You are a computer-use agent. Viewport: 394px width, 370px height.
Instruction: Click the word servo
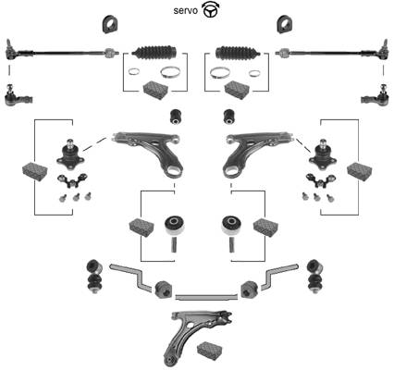pos(185,10)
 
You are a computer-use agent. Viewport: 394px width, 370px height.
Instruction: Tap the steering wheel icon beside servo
pos(211,9)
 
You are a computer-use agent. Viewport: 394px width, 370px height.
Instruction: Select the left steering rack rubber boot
pos(154,53)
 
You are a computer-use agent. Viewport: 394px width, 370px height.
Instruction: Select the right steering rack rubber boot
pos(238,53)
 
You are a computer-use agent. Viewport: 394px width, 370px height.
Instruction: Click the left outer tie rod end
pos(18,96)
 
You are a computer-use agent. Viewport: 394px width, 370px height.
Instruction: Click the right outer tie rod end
pos(375,96)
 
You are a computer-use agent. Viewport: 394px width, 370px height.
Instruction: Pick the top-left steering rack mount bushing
pos(111,24)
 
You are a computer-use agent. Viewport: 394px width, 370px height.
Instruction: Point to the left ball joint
pos(70,154)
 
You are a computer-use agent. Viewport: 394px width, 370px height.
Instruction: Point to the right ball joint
pos(323,154)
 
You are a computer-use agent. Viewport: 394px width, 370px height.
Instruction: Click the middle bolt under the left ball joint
pos(76,197)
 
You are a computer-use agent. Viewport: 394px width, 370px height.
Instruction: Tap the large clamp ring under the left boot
pos(169,72)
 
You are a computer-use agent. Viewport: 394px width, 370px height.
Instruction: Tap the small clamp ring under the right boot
pos(254,73)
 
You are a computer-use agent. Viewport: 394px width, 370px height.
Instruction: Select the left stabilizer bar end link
pos(94,277)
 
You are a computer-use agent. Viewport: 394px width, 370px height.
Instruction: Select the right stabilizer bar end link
pos(315,277)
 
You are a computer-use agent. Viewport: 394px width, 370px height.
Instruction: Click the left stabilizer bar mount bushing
pos(164,290)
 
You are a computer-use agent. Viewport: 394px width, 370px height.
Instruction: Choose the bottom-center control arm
pos(196,338)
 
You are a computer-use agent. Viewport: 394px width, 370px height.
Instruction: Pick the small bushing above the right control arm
pos(229,117)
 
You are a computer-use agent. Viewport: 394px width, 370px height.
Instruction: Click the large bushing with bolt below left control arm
pos(174,234)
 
